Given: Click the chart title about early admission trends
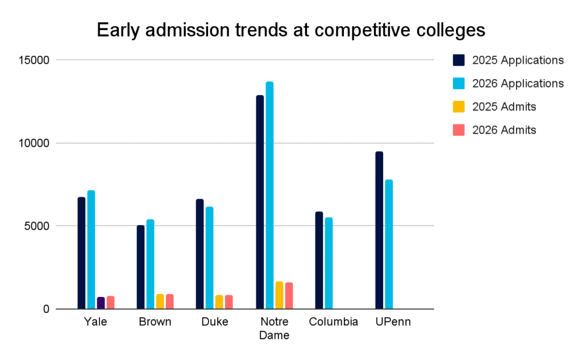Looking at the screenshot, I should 291,30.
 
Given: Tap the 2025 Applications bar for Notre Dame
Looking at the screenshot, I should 260,202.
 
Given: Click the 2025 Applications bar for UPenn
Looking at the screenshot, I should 379,230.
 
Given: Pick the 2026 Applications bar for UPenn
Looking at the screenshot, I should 389,245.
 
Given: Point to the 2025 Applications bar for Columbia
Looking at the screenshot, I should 319,260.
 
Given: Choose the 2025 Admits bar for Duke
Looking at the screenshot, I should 219,302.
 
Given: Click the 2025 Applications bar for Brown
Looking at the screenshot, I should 140,267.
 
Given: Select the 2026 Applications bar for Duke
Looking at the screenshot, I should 210,258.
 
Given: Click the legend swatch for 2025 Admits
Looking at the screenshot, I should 459,106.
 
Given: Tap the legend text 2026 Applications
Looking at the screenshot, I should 518,84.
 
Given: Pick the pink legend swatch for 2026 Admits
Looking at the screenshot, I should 459,130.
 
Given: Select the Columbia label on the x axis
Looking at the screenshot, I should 334,322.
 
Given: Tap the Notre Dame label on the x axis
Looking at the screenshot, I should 274,328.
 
